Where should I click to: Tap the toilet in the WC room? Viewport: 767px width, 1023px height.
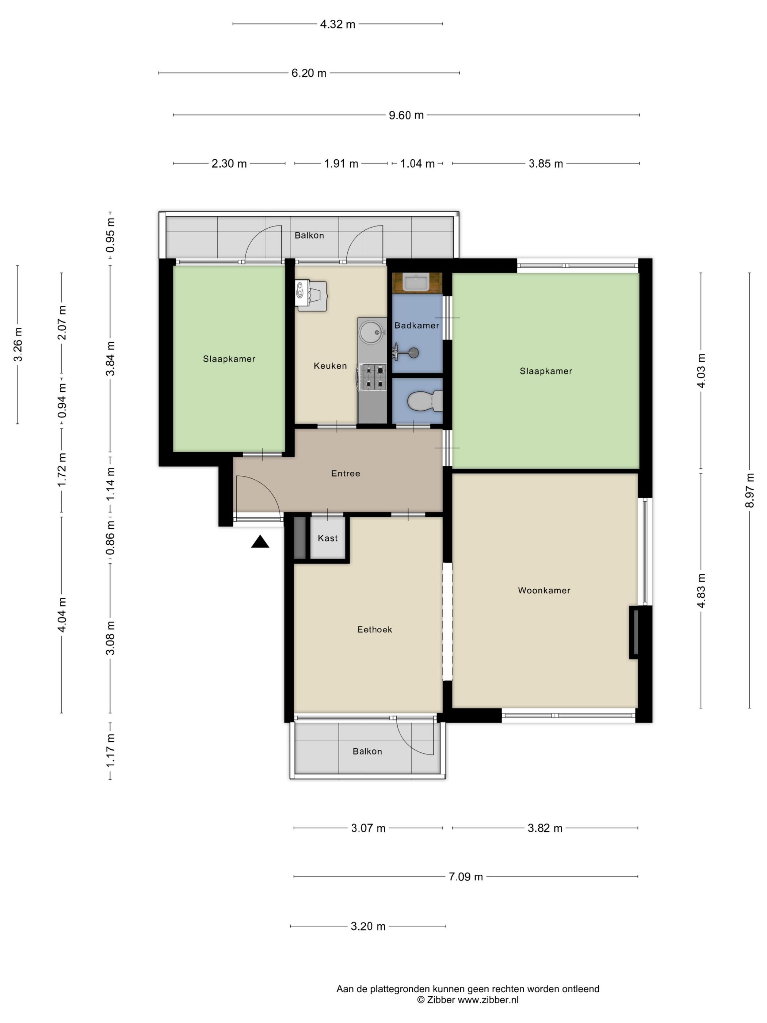coord(425,401)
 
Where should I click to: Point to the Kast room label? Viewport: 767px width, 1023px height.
coord(328,538)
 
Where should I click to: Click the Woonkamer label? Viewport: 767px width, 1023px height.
coord(544,590)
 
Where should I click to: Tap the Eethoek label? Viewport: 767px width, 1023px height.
coord(374,630)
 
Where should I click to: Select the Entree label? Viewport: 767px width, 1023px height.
coord(346,474)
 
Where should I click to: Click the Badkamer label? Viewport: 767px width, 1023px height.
coord(417,326)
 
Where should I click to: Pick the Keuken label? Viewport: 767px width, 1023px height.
coord(330,366)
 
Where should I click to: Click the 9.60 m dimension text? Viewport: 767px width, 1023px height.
coord(406,115)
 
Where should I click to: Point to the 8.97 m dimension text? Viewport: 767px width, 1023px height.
coord(749,490)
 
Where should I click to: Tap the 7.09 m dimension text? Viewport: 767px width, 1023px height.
coord(466,877)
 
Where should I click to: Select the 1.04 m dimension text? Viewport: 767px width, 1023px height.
coord(417,164)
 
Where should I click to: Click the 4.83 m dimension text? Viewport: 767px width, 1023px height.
coord(701,590)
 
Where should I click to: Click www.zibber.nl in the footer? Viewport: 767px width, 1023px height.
coord(488,1000)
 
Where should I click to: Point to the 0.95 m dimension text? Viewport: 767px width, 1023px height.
coord(111,235)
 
